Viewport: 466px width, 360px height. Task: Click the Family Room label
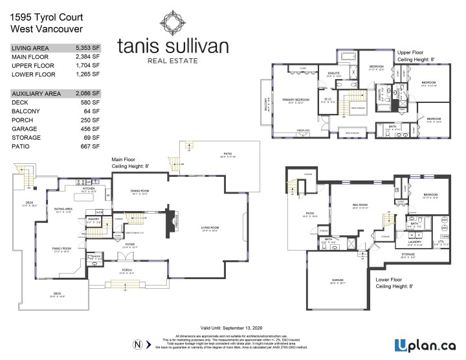[62, 248]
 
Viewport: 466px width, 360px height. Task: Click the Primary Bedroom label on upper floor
[296, 100]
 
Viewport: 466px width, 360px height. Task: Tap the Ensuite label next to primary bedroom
[334, 74]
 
